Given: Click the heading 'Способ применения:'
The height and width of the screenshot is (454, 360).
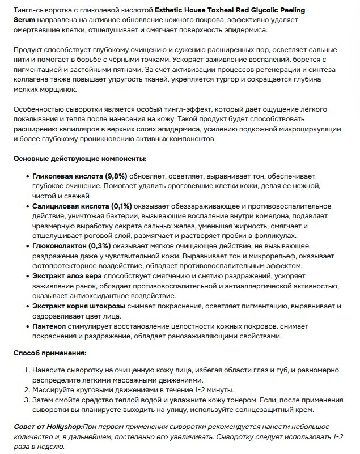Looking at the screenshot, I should (50, 353).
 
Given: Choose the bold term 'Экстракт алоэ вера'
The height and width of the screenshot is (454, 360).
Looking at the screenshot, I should (67, 276).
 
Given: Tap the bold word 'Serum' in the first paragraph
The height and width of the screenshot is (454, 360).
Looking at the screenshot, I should (24, 19).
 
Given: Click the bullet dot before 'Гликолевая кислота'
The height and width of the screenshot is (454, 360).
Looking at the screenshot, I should (27, 176).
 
